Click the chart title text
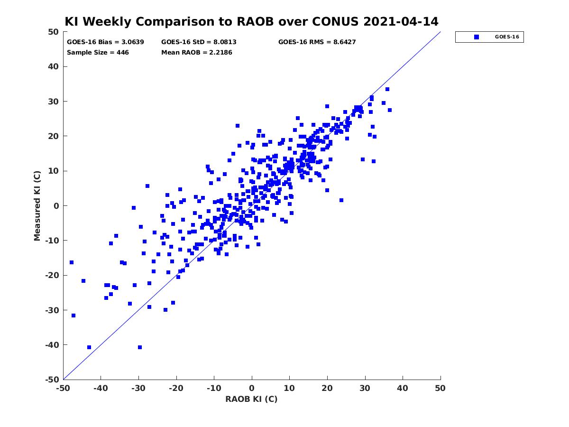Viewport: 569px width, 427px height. point(251,21)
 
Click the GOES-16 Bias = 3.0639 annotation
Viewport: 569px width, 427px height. point(105,42)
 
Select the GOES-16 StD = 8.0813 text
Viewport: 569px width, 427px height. point(199,42)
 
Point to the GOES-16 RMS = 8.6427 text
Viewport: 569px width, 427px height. point(317,42)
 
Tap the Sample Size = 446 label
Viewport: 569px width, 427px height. point(98,53)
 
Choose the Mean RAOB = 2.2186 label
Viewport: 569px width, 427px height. point(196,53)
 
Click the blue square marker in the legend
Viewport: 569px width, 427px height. point(476,37)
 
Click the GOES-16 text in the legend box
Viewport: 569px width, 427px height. point(507,37)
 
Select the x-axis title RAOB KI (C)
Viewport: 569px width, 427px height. point(251,399)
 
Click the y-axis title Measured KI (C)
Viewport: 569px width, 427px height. point(37,205)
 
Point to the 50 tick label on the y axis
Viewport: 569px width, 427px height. point(54,32)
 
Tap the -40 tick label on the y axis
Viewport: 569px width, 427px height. point(52,345)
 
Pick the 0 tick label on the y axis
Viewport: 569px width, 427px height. point(56,206)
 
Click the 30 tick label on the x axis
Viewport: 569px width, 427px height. point(365,388)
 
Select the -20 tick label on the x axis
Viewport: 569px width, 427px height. point(176,388)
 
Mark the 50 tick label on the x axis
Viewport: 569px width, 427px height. point(440,388)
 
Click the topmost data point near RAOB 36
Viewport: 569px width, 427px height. point(387,89)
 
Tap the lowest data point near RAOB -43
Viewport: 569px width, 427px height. point(89,347)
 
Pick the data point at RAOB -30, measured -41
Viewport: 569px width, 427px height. point(140,347)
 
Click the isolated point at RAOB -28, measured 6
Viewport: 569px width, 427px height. point(147,186)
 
